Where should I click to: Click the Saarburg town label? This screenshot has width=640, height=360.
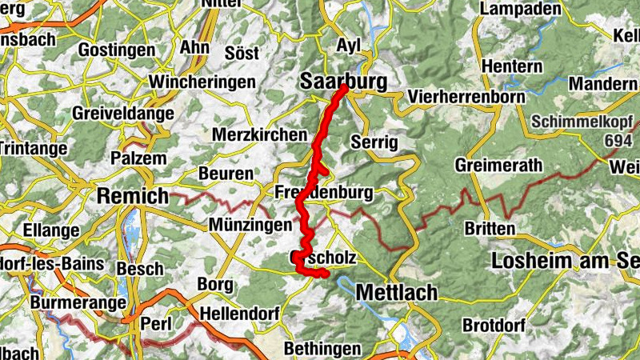342,82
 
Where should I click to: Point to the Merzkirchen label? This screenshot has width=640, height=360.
260,134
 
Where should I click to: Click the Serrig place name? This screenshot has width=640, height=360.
374,142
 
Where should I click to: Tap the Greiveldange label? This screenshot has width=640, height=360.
122,114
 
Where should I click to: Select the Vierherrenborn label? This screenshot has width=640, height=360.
466,97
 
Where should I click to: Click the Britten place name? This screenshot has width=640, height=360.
490,229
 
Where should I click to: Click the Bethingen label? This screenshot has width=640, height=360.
322,349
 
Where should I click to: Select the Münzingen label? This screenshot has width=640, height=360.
250,226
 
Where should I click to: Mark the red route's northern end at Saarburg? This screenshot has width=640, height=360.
343,87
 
